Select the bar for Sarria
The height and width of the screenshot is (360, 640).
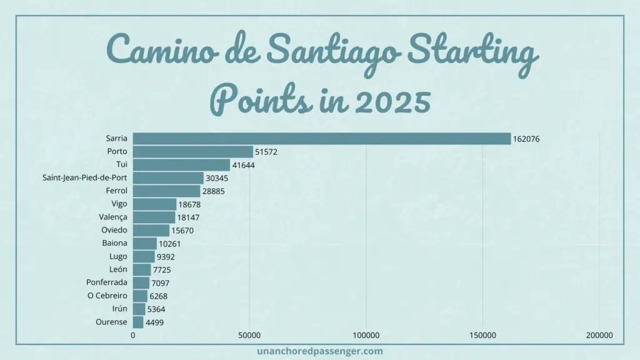point(322,139)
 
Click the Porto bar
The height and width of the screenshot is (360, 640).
point(193,152)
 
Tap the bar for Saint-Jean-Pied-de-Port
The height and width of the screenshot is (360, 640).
point(168,178)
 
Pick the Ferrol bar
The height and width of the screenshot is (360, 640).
point(166,191)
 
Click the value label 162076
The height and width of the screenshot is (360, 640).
point(526,139)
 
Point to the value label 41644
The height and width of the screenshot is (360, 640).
point(244,165)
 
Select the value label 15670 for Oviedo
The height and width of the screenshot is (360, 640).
point(184,231)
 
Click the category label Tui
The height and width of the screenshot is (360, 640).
point(122,164)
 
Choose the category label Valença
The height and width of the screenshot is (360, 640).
point(113,217)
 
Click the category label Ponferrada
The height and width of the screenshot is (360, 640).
point(107,282)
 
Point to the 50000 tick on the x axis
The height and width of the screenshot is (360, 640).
point(249,336)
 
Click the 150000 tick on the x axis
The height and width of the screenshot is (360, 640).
point(482,336)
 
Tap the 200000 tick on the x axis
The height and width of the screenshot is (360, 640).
point(599,336)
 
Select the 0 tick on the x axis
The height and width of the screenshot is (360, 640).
point(132,336)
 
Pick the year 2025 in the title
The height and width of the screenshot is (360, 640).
point(385,100)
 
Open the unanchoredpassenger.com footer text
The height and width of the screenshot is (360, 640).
point(319,351)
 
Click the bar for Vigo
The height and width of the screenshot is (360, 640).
point(154,204)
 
